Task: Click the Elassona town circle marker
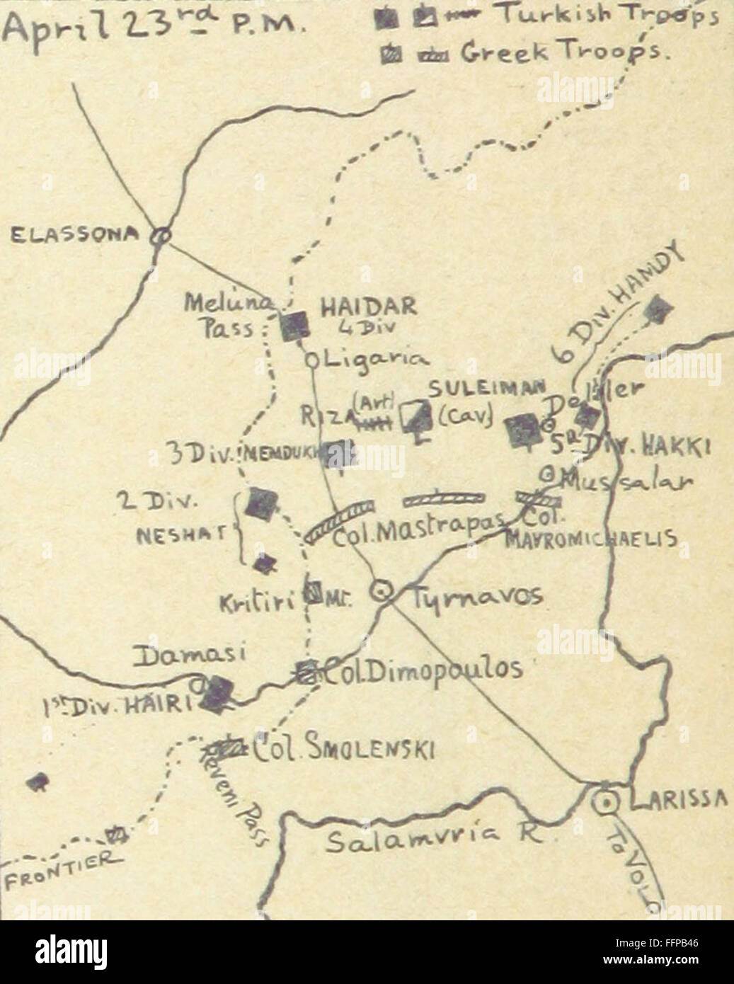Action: [x=161, y=236]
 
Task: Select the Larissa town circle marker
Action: [x=606, y=803]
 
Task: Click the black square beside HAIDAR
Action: [x=294, y=325]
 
